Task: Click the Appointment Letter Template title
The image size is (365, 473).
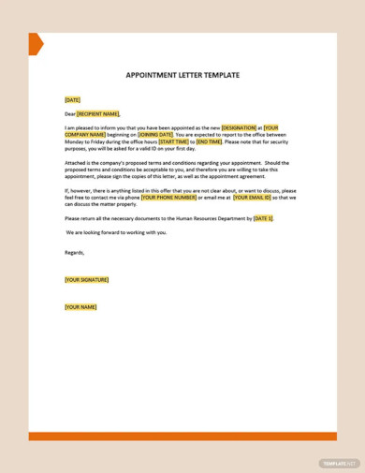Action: click(182, 75)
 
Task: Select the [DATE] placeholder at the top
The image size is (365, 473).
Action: click(72, 99)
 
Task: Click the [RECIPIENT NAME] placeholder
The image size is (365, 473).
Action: click(98, 114)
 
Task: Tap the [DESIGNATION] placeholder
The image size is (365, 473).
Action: click(238, 127)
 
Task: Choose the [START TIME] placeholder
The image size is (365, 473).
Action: click(174, 141)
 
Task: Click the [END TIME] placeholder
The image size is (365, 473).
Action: click(209, 141)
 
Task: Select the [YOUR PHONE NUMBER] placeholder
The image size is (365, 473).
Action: click(169, 198)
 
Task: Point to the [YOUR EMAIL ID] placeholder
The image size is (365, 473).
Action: click(252, 198)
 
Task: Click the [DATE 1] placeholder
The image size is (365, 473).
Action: click(263, 218)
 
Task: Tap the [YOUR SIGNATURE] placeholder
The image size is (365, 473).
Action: click(86, 279)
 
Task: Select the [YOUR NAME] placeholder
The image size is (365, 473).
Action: click(80, 307)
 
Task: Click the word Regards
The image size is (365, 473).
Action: click(75, 252)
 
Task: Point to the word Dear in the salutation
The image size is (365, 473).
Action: click(70, 114)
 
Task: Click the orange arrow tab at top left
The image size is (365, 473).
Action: click(36, 44)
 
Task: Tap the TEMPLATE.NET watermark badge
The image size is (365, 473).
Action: click(338, 464)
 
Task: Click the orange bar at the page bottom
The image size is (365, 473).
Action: click(182, 436)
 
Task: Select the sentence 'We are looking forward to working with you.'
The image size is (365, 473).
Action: click(116, 232)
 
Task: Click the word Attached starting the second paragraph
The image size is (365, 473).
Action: click(76, 162)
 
